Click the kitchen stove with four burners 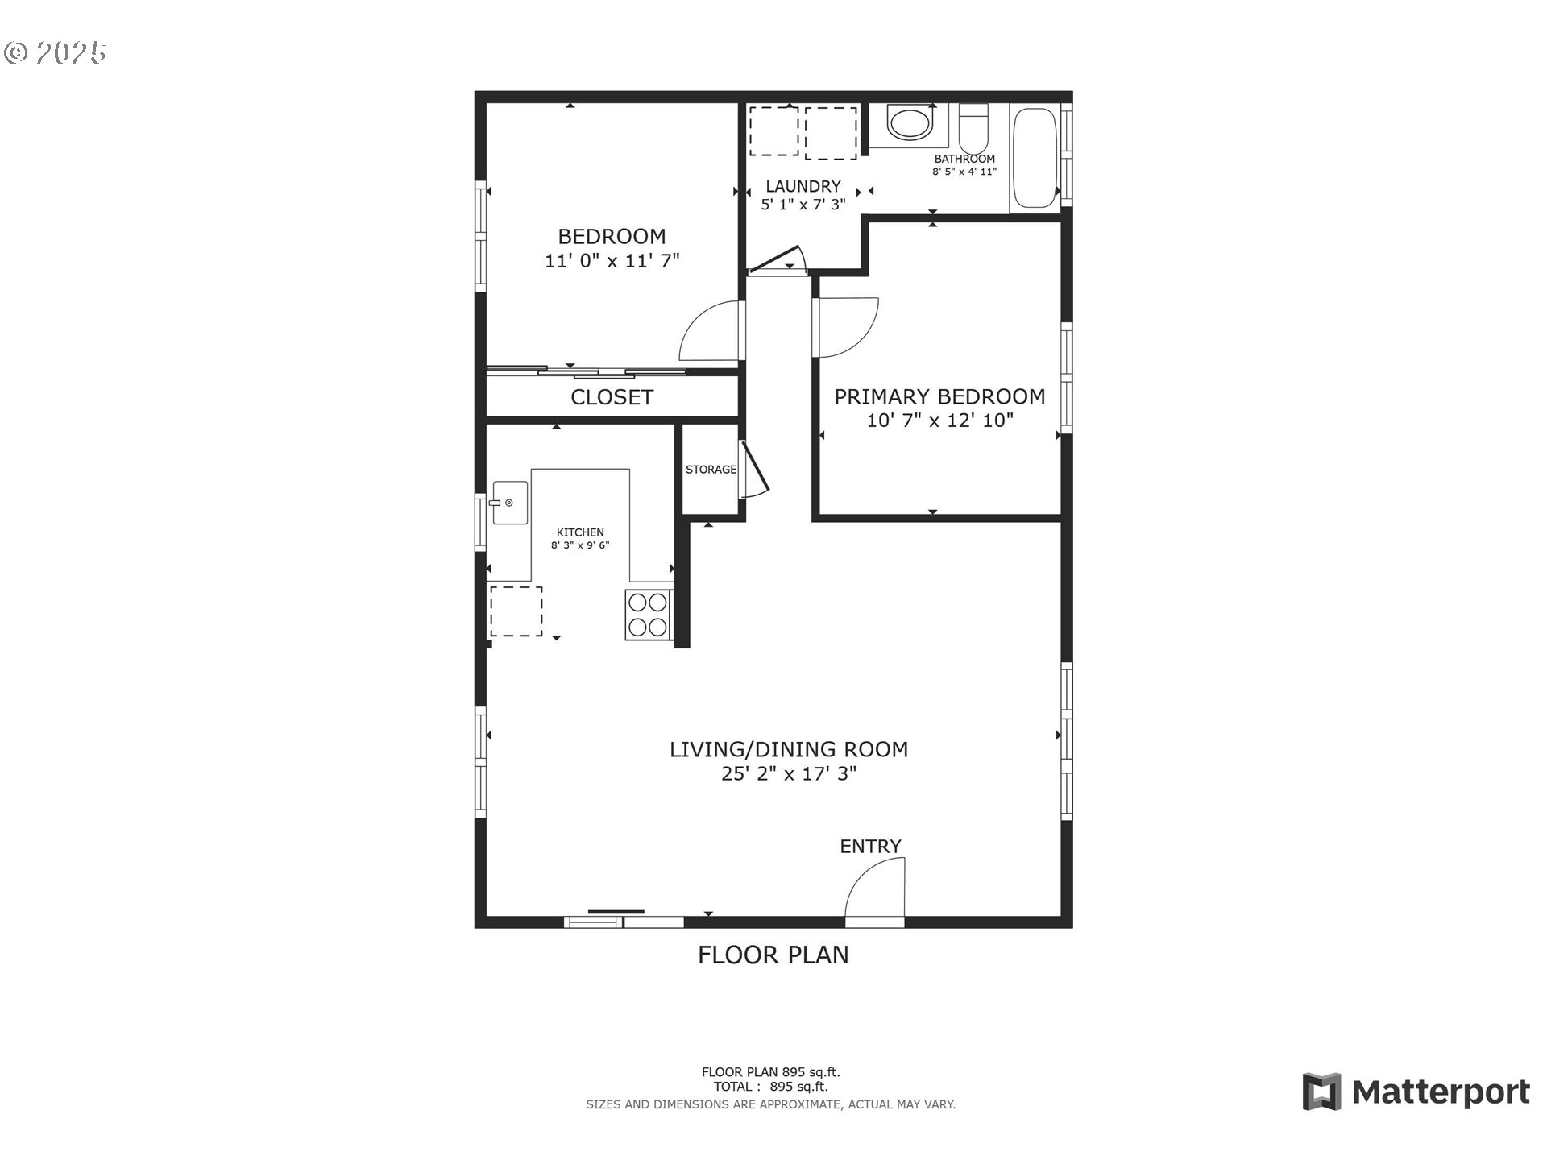click(x=648, y=615)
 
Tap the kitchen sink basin click(x=510, y=503)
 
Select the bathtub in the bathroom click(x=1035, y=159)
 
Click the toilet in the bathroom click(x=973, y=126)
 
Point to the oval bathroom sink click(x=909, y=124)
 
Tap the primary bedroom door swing click(x=846, y=326)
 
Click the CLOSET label click(x=612, y=397)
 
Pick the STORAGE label click(x=711, y=470)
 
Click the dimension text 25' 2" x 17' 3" click(x=788, y=774)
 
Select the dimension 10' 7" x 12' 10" click(x=939, y=420)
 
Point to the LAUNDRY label click(x=803, y=186)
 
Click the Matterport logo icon click(x=1321, y=1092)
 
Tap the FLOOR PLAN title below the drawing click(x=773, y=955)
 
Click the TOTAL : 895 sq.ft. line click(x=770, y=1086)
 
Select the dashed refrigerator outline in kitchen click(x=516, y=611)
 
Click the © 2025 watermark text click(x=55, y=53)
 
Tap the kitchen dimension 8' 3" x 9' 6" click(x=580, y=545)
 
